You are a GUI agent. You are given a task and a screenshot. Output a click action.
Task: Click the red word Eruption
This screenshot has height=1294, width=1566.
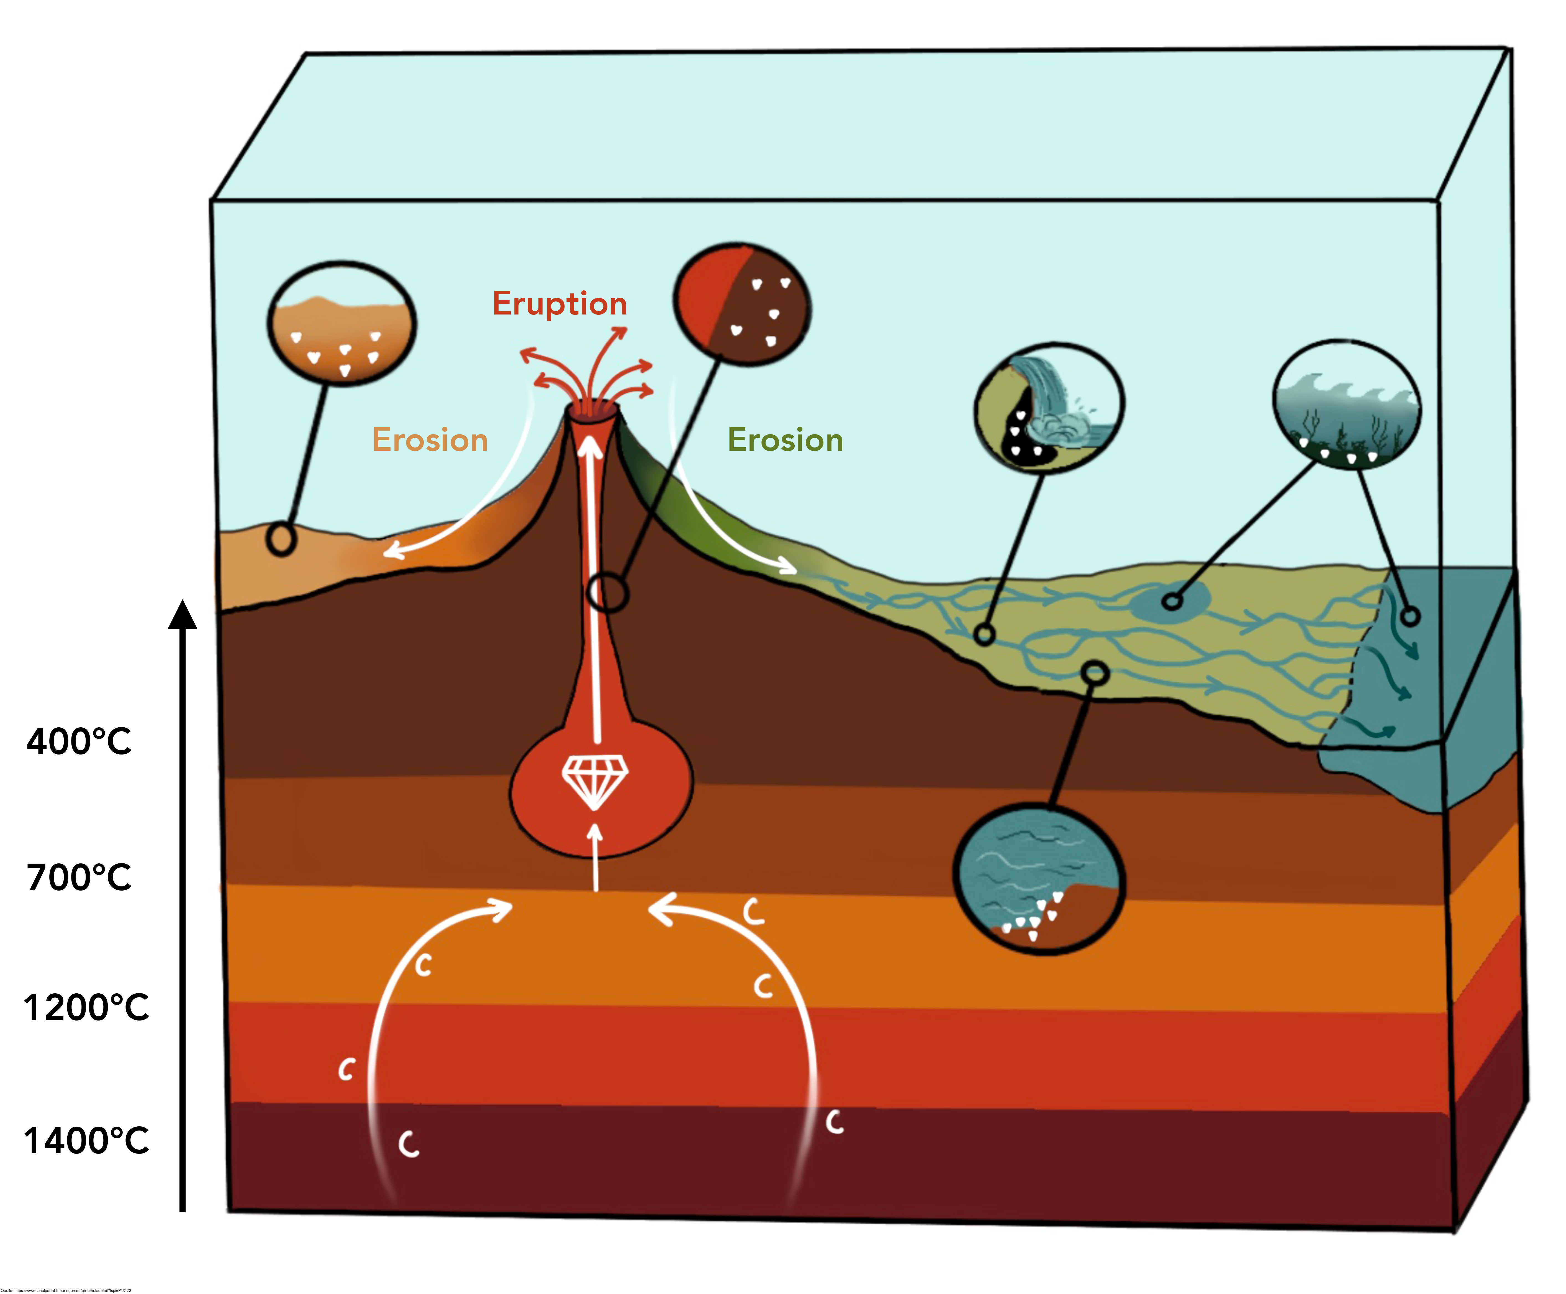click(x=559, y=304)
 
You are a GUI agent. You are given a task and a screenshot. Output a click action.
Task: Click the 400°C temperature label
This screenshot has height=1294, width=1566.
click(x=79, y=742)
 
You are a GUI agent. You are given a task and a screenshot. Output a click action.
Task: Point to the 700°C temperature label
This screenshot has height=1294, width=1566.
click(x=79, y=877)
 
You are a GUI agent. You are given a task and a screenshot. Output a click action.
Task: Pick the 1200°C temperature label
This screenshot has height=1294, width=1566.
click(x=86, y=1008)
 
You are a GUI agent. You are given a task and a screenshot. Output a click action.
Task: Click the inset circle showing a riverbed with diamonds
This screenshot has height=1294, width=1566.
click(x=1039, y=878)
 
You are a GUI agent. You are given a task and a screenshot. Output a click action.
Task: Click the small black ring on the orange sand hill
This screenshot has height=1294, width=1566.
click(x=282, y=539)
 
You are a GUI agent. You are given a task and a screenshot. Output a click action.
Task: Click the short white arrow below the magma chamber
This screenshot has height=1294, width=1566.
click(x=595, y=857)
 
